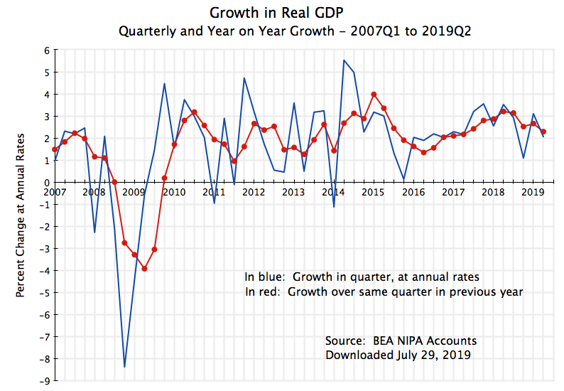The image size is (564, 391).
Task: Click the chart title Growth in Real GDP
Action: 282,14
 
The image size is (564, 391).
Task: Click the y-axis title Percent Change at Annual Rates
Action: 21,215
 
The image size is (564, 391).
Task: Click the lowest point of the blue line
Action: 124,367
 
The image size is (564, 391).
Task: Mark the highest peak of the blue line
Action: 344,60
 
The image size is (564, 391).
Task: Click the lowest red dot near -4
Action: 144,269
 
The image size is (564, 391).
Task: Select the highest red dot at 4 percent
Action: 374,94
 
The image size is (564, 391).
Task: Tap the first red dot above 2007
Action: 55,149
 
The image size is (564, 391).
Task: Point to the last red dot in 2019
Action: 543,132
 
